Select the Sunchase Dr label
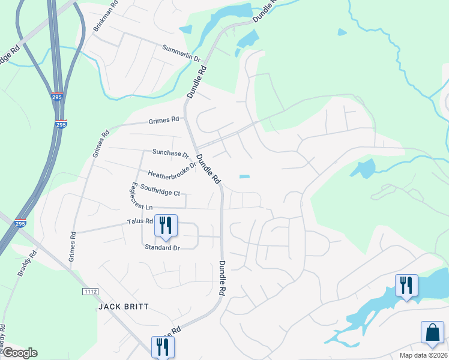pos(170,153)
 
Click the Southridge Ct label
pos(160,190)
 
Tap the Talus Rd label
pos(140,221)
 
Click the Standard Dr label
pos(162,247)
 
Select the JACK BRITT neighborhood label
pos(123,307)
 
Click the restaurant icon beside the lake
pos(406,286)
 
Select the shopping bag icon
pos(432,332)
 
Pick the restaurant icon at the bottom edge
pos(162,346)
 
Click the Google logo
pos(20,353)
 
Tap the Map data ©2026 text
pos(424,355)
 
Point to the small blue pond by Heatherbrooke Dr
pos(244,176)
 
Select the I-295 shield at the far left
pos(20,223)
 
